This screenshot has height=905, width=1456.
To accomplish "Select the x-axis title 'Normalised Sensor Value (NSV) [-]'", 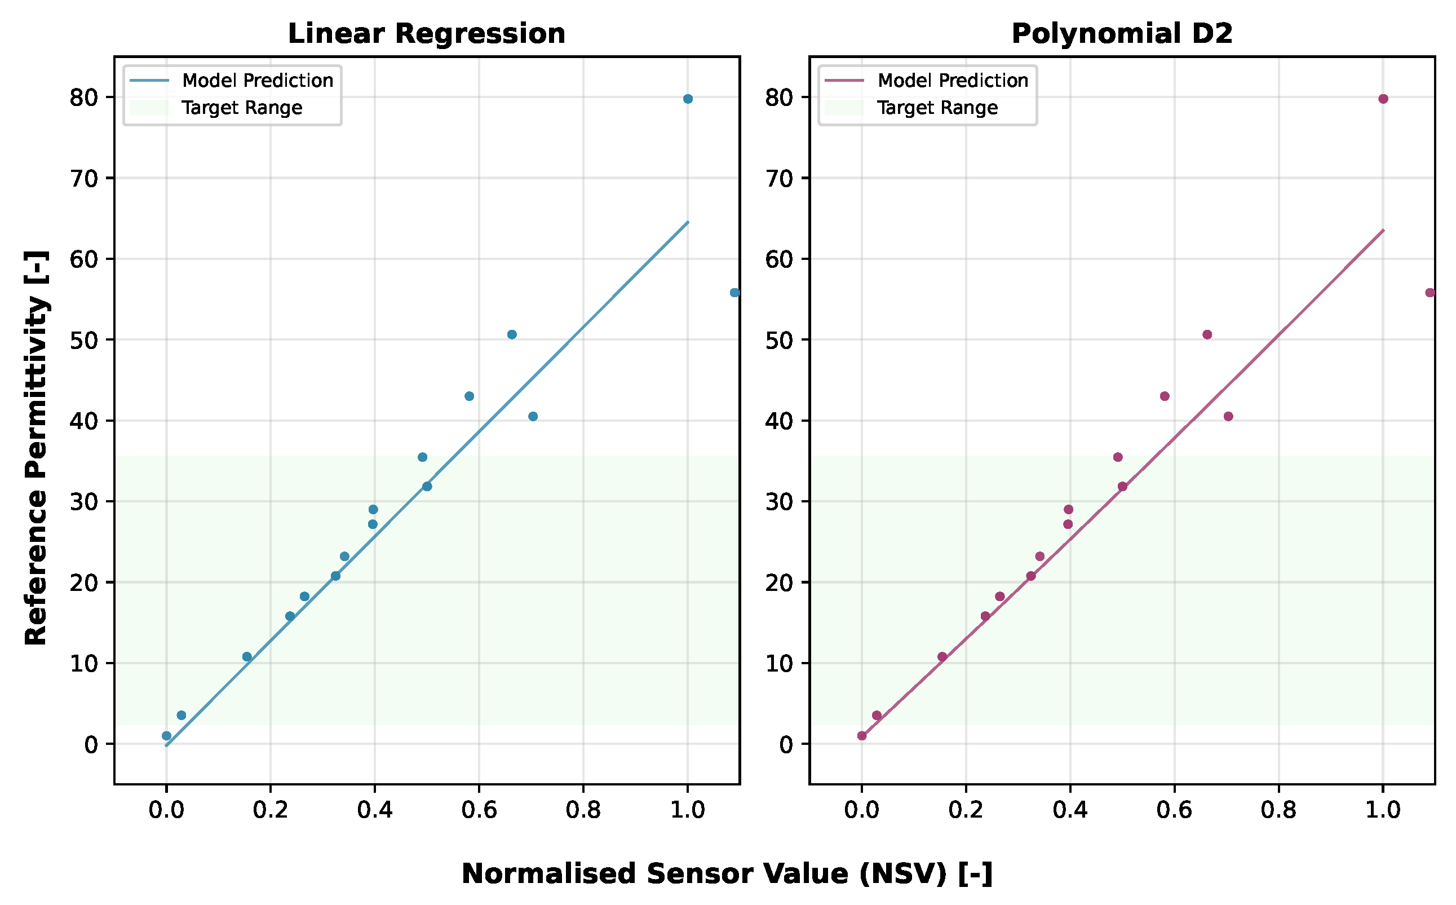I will click(x=727, y=874).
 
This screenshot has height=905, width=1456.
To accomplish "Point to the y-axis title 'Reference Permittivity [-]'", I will click(x=36, y=447).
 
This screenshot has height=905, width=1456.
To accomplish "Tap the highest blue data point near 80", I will click(x=688, y=99).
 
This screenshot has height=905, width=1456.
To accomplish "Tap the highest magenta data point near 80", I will click(x=1383, y=99).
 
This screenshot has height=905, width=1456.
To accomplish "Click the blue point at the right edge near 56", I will click(x=734, y=293).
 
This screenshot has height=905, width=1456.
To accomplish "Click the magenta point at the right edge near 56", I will click(x=1430, y=293).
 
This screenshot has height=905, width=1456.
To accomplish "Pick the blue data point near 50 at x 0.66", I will click(x=511, y=334).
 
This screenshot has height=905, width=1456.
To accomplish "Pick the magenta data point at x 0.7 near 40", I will click(x=1228, y=417).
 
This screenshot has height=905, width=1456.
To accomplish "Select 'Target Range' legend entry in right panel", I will click(x=937, y=108).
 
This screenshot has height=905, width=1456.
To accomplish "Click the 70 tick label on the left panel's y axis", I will click(x=83, y=178).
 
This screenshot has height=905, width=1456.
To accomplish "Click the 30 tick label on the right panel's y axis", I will click(x=778, y=502).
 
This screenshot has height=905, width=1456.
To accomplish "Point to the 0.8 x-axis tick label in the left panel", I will click(x=583, y=810).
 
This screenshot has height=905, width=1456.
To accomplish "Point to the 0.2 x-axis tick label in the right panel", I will click(x=966, y=810).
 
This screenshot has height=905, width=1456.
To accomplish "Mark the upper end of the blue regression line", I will click(x=688, y=222).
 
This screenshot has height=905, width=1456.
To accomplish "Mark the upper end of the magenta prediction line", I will click(x=1383, y=230).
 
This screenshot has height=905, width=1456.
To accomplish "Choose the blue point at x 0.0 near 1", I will click(x=166, y=736).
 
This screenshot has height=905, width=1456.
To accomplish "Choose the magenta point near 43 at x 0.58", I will click(x=1164, y=396).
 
